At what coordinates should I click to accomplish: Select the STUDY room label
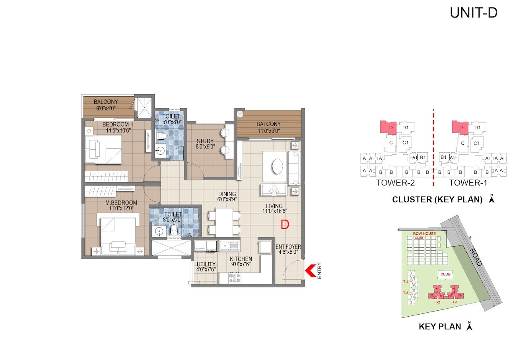pos(205,141)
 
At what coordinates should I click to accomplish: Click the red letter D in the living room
pos(284,225)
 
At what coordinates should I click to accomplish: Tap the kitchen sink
pos(229,245)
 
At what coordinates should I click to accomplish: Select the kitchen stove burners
pos(234,278)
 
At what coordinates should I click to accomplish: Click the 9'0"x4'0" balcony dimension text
pos(106,107)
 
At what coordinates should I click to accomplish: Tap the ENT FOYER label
pos(288,247)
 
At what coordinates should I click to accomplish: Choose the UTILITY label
pos(206,264)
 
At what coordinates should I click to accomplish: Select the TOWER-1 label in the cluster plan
pos(468,183)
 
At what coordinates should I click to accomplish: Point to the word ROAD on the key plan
pos(475,257)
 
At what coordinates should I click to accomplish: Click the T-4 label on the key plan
pos(406,282)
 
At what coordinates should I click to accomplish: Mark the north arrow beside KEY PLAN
pos(469,326)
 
